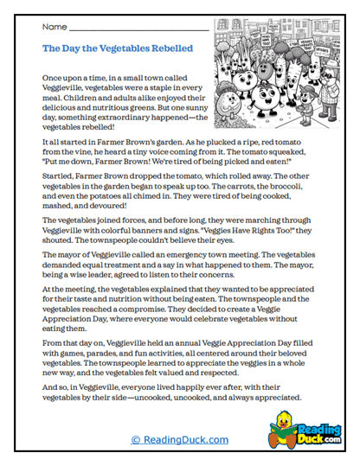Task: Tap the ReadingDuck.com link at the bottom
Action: (180, 440)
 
